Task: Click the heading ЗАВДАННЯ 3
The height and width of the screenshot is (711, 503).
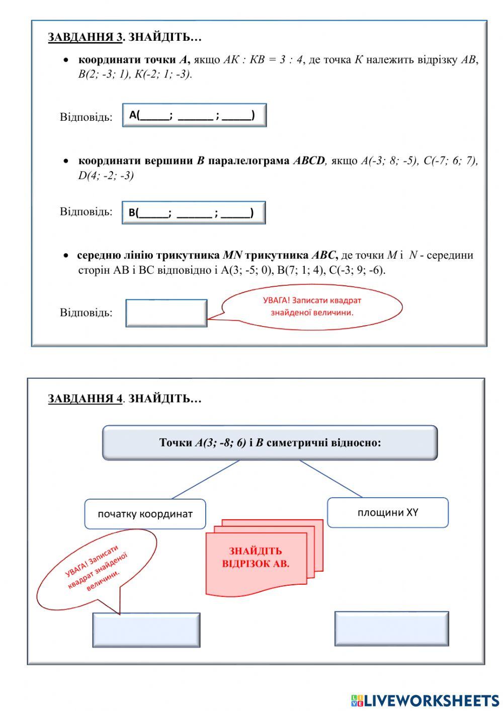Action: pos(86,37)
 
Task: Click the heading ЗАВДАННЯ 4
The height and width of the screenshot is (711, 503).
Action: pos(86,399)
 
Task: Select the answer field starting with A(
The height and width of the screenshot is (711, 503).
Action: pos(194,115)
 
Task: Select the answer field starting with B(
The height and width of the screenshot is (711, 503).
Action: pos(194,212)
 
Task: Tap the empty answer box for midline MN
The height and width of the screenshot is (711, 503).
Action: pos(166,313)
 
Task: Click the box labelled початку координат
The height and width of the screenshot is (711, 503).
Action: pos(145,514)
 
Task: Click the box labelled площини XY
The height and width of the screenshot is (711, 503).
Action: pos(388,512)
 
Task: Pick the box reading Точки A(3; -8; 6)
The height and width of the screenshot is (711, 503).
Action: pos(270,443)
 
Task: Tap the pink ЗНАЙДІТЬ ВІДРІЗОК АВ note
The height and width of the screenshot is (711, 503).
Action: pos(256,558)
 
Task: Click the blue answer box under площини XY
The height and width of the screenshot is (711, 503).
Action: pos(391,628)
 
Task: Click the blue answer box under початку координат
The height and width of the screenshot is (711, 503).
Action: pos(146,629)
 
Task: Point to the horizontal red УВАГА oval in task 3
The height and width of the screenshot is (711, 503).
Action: pos(312,306)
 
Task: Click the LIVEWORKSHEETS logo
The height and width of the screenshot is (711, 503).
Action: pos(425,700)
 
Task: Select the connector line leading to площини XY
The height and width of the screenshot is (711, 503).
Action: pos(330,479)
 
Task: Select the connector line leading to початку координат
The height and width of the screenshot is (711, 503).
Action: pos(205,480)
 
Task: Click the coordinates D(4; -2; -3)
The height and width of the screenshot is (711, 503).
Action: pos(106,176)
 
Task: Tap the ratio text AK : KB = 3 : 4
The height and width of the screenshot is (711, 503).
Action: pos(263,60)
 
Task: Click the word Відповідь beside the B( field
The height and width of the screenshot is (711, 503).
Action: pos(86,211)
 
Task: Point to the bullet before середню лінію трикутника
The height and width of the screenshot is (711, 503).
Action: pos(66,256)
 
